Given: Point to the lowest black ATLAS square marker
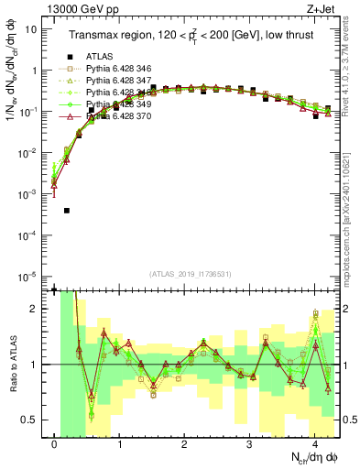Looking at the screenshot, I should point(67,211).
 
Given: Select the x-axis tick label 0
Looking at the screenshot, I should point(55,445).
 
